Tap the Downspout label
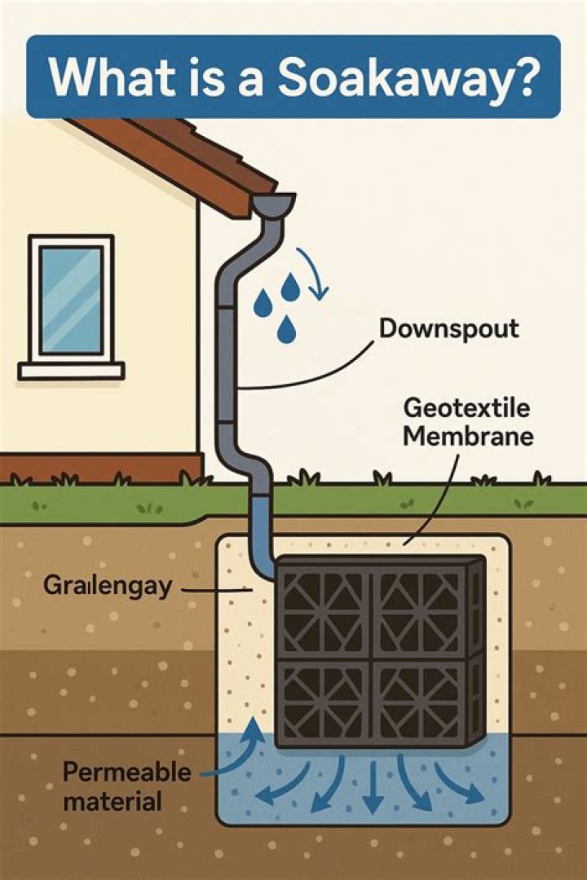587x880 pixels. click(x=449, y=330)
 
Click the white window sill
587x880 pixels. click(x=72, y=371)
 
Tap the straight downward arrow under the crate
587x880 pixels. click(x=372, y=789)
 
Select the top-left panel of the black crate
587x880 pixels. click(x=325, y=610)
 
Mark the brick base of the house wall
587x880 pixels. click(x=98, y=468)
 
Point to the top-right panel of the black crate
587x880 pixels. click(x=419, y=610)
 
